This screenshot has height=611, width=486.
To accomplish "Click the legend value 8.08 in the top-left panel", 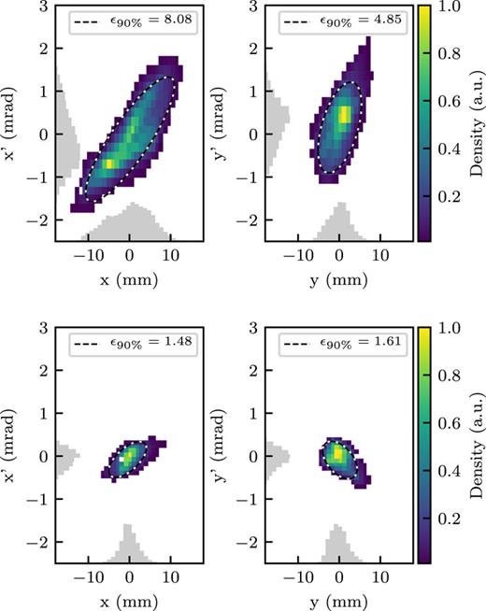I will pyautogui.click(x=172, y=18).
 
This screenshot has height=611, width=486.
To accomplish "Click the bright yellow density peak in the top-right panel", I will pyautogui.click(x=344, y=115).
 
